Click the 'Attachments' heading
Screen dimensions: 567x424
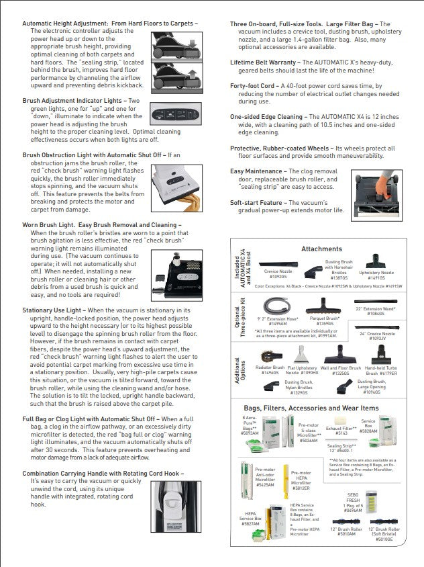point(321,249)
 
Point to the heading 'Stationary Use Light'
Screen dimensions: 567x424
point(53,310)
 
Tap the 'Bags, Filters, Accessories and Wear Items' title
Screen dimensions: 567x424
point(312,408)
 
